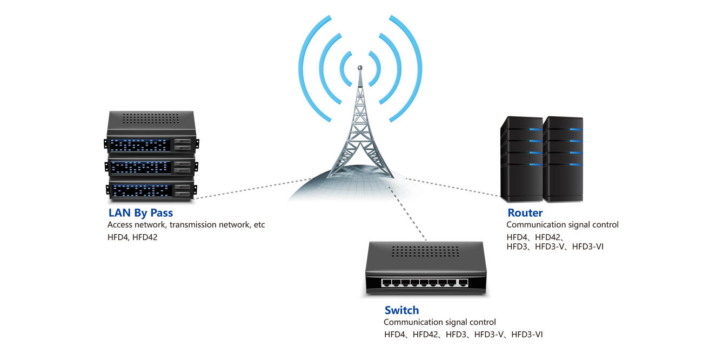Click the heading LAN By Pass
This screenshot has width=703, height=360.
point(140,212)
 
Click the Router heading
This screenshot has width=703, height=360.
point(525,212)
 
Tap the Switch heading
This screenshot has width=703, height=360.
point(401,310)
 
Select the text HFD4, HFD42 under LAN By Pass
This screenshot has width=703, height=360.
point(132,236)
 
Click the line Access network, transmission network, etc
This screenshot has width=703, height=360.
point(186,224)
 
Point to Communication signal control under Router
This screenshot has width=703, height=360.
point(562,224)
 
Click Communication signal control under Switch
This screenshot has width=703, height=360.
point(439,322)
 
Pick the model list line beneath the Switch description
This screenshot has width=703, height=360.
point(463,335)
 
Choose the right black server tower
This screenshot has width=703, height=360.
point(563,159)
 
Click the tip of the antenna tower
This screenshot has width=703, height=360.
point(359,68)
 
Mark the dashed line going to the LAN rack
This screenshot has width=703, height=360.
point(249,188)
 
